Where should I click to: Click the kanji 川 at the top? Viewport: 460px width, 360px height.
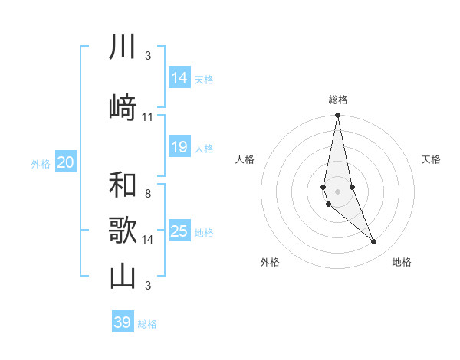click(123, 47)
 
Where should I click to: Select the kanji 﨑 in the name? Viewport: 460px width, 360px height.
click(123, 107)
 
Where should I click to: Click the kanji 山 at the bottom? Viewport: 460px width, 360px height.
click(123, 276)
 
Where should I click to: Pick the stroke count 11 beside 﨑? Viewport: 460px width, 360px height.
click(148, 117)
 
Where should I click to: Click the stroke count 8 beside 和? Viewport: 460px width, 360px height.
click(148, 193)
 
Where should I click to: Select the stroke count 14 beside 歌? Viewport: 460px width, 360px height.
click(148, 240)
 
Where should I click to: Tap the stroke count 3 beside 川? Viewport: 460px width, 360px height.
click(148, 56)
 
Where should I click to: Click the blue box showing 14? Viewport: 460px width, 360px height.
click(179, 78)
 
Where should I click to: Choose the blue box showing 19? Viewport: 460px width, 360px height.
click(179, 147)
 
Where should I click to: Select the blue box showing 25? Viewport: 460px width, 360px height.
click(179, 231)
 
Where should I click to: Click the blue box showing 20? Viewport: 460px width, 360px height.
click(66, 162)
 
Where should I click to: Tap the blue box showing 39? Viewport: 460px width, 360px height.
click(122, 322)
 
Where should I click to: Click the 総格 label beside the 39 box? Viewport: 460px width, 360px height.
click(147, 324)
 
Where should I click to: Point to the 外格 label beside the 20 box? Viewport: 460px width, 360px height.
click(40, 163)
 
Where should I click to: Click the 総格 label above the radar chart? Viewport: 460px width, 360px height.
click(338, 100)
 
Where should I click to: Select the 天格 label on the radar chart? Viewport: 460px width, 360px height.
click(432, 159)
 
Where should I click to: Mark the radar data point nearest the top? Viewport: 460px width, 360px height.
click(337, 116)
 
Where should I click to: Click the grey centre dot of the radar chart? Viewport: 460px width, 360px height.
click(337, 191)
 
